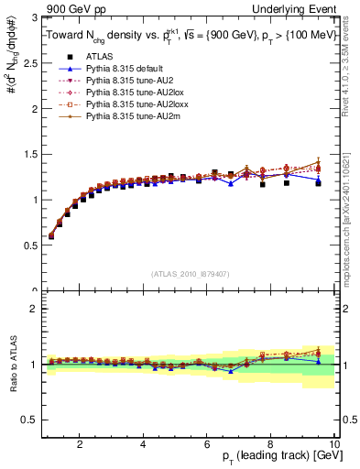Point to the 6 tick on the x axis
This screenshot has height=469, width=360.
coord(207,446)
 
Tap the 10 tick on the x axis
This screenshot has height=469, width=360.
coord(333,446)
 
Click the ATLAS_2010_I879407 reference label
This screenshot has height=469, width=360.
coord(190,273)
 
